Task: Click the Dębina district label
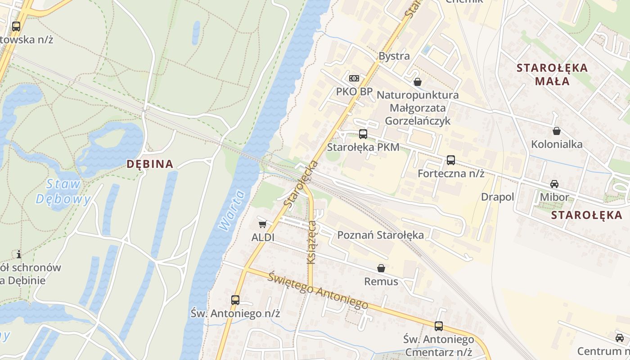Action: coord(150,164)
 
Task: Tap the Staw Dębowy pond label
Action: coord(63,191)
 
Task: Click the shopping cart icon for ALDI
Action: coord(262,224)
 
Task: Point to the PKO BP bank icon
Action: coord(354,78)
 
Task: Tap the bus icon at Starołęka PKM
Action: coord(363,134)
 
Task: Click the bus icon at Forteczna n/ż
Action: coord(450,160)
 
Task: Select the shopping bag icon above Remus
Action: coord(381,268)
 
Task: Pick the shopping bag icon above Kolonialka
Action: coord(557,131)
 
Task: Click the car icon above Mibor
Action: coord(554,184)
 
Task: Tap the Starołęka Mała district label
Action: coord(552,74)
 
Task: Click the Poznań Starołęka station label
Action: coord(380,235)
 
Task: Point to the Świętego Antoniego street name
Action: coord(318,291)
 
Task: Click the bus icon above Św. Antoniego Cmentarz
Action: coord(439,326)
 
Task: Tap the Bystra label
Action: coord(394,56)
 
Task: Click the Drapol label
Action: coord(497,197)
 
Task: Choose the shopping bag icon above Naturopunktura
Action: coord(418,82)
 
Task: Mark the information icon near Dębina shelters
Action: coord(18,254)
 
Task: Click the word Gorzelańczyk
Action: coord(418,121)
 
